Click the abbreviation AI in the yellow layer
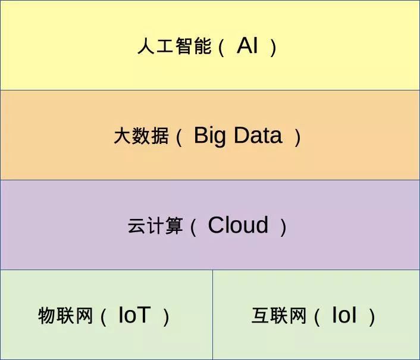tap(247, 46)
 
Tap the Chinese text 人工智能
tap(174, 46)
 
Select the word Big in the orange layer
tap(210, 136)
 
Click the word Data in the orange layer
tap(257, 136)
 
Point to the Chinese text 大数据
tap(141, 136)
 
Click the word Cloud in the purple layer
tap(238, 226)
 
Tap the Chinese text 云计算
tap(155, 227)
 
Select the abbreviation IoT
tap(134, 315)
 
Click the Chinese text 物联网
tap(66, 316)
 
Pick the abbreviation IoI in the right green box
tap(344, 315)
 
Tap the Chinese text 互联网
tap(279, 316)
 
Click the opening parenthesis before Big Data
tap(178, 137)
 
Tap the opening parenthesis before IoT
tap(103, 317)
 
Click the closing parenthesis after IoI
tap(372, 317)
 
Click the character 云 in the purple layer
tap(137, 227)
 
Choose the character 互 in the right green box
tap(261, 316)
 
